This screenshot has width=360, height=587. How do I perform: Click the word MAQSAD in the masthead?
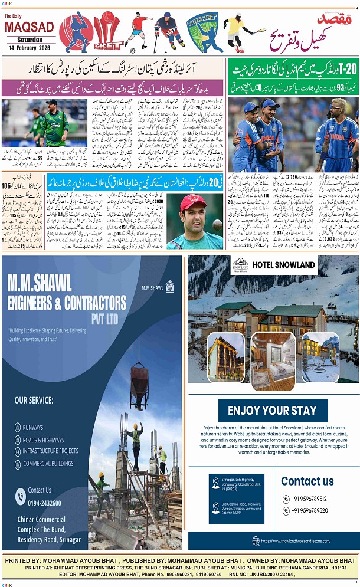tap(29, 27)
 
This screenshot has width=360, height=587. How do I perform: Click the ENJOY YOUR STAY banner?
tap(272, 411)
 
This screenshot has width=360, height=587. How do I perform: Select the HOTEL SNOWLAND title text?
tap(283, 265)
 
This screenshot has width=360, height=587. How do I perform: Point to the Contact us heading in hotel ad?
tap(307, 481)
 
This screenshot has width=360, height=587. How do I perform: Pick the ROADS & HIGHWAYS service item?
tap(43, 440)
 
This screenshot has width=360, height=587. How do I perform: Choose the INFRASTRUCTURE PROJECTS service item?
tap(50, 451)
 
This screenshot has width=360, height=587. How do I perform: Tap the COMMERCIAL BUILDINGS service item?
tap(49, 464)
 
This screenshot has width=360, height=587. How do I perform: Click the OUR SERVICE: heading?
tap(34, 401)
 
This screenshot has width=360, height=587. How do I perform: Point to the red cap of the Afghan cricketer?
tap(193, 202)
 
